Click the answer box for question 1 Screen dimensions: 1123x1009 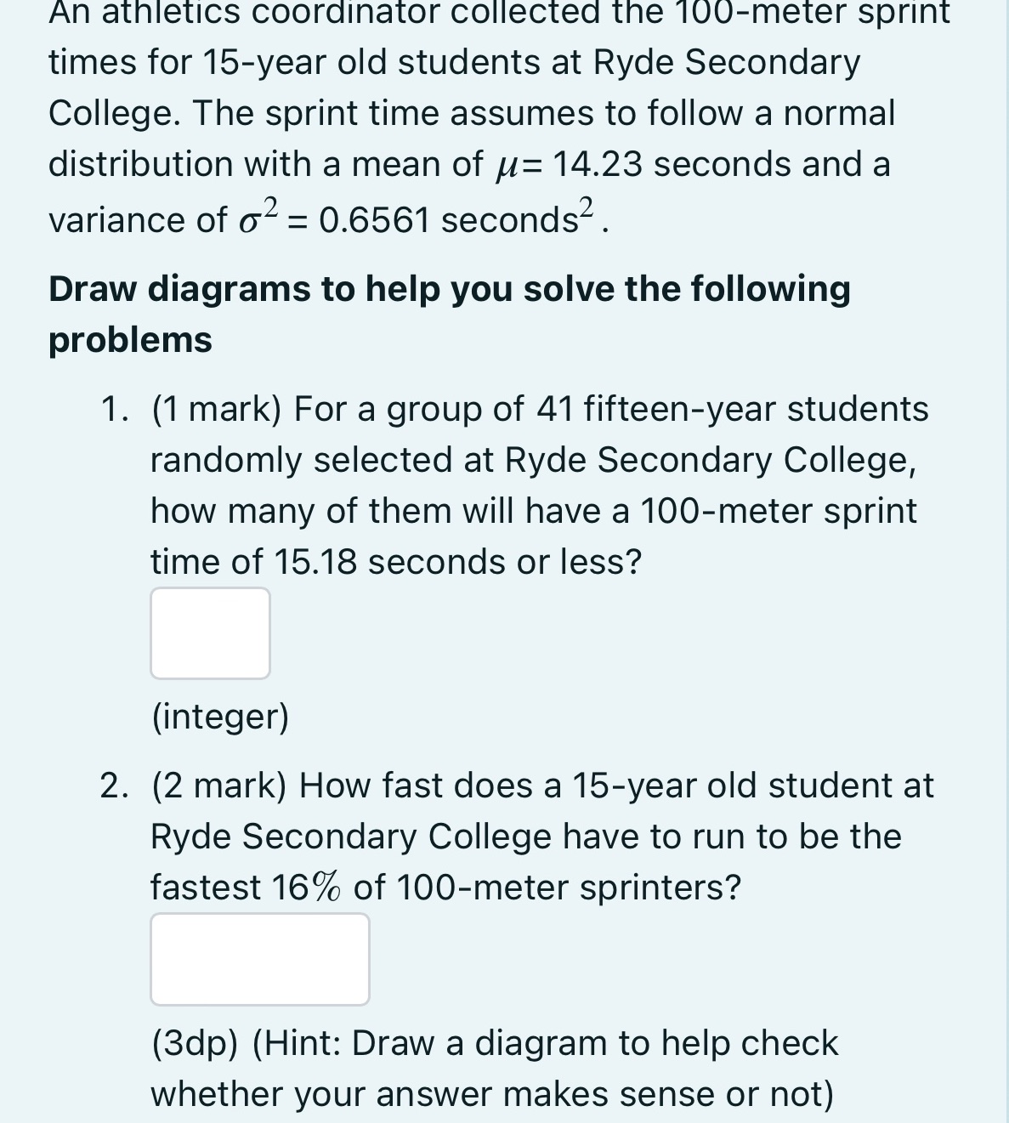pos(210,633)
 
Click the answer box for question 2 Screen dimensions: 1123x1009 pos(259,959)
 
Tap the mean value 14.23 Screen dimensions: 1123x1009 pos(598,163)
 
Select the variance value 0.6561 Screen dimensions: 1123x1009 pos(373,220)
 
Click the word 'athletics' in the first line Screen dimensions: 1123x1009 pos(173,12)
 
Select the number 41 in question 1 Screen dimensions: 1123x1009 pos(555,409)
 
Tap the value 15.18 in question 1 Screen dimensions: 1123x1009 pos(315,562)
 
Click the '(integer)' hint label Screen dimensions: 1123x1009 pos(220,717)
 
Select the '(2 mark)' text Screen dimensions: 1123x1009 pos(218,786)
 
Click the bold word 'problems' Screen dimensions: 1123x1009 pos(130,339)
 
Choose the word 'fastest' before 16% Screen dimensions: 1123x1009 pos(206,888)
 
